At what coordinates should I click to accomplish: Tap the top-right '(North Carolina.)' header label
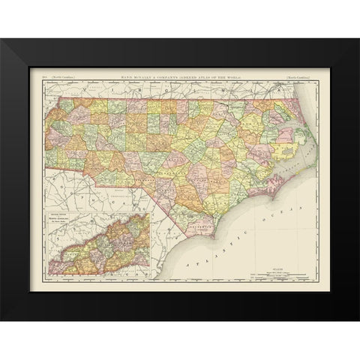coord(298,76)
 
